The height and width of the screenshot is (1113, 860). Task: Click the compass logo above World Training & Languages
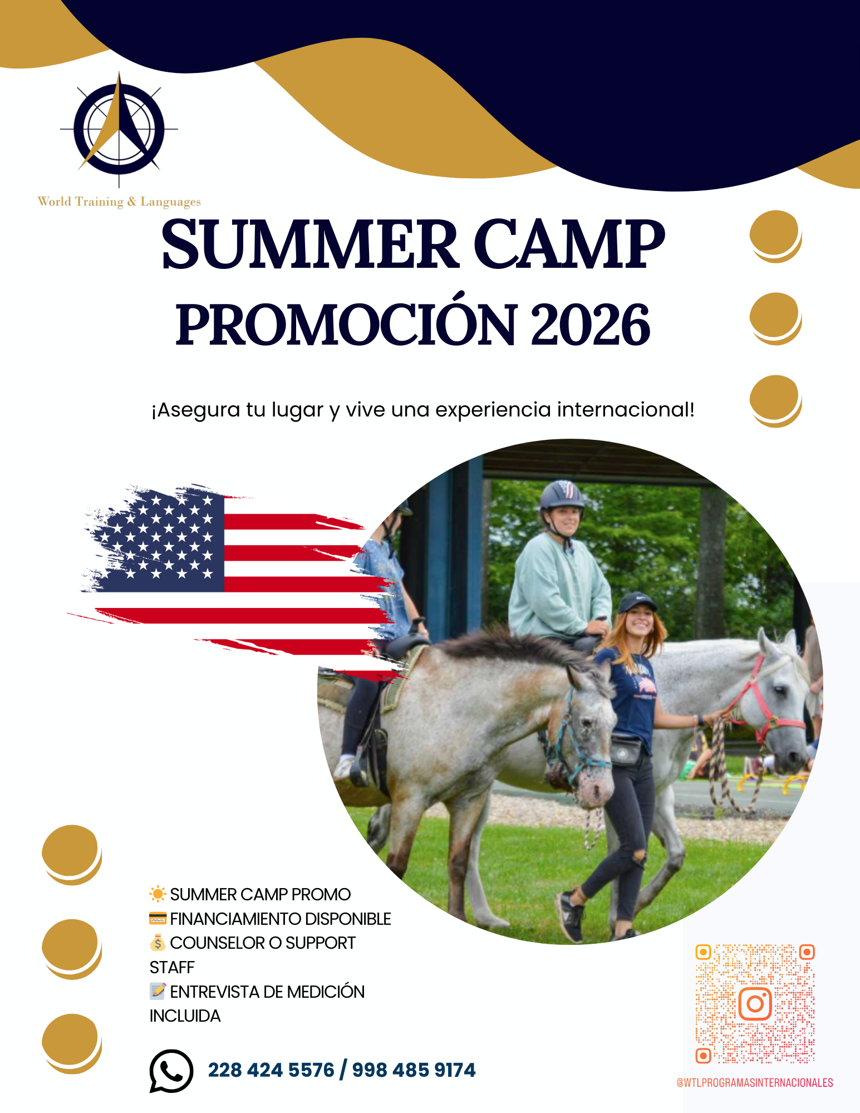119,129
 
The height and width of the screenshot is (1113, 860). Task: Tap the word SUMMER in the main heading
309,244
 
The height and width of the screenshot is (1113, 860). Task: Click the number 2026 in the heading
590,325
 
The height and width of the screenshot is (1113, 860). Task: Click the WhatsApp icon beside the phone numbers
171,1071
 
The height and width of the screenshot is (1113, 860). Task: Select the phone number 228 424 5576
271,1070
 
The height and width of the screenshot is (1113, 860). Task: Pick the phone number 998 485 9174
414,1070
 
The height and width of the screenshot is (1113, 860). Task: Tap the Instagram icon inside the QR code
755,1003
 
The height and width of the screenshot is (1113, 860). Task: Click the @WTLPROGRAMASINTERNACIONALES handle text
755,1082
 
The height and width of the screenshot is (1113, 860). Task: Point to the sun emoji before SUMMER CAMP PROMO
158,894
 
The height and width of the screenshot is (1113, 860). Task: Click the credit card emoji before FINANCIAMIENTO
158,918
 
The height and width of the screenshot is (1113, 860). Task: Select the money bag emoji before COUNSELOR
158,942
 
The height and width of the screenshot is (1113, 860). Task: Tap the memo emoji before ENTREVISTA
158,991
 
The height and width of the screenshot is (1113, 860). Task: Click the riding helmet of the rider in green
562,495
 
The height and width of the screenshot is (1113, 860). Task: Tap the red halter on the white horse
768,699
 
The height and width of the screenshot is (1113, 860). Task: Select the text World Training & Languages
119,202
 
